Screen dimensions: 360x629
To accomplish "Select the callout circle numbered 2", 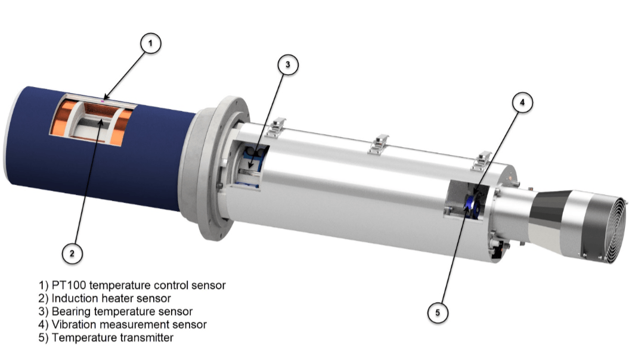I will pyautogui.click(x=72, y=253).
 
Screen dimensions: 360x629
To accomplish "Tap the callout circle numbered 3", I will pyautogui.click(x=288, y=66).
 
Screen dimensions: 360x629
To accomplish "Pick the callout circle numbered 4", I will pyautogui.click(x=522, y=103).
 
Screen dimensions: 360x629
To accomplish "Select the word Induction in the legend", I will pyautogui.click(x=74, y=298).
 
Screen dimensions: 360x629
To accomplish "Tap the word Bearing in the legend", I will pyautogui.click(x=72, y=311).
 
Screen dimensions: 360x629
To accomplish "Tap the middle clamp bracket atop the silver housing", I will pyautogui.click(x=378, y=145).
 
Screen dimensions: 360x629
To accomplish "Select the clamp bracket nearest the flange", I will pyautogui.click(x=274, y=126).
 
